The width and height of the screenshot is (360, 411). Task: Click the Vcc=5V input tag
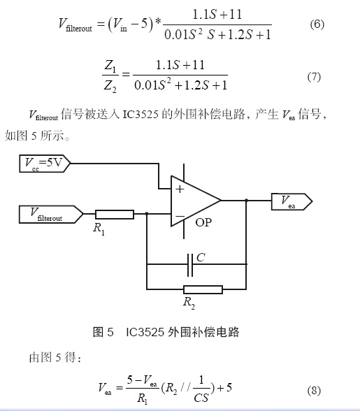(45, 164)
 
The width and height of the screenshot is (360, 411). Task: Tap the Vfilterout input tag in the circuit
(51, 215)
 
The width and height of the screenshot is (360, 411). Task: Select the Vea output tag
(291, 201)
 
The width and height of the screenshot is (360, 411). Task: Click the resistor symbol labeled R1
(115, 215)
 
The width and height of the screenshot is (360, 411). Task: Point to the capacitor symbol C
(190, 265)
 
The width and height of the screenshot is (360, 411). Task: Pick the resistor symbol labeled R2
(203, 289)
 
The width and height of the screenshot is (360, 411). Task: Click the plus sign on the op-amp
(180, 189)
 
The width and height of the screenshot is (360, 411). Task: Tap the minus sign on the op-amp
(180, 216)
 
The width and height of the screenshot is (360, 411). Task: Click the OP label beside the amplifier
(203, 222)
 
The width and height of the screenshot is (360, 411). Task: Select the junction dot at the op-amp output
(247, 201)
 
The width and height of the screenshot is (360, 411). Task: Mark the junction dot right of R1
(147, 214)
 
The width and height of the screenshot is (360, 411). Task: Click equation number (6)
(317, 24)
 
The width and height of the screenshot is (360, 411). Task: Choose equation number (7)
(314, 77)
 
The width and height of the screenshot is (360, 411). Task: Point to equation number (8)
(314, 391)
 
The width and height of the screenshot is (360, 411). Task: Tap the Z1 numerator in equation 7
(110, 66)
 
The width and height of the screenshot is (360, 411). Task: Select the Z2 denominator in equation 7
(110, 86)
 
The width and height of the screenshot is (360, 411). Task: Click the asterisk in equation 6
(158, 22)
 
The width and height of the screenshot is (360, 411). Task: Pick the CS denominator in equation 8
(201, 398)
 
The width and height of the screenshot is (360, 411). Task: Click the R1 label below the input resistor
(99, 229)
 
